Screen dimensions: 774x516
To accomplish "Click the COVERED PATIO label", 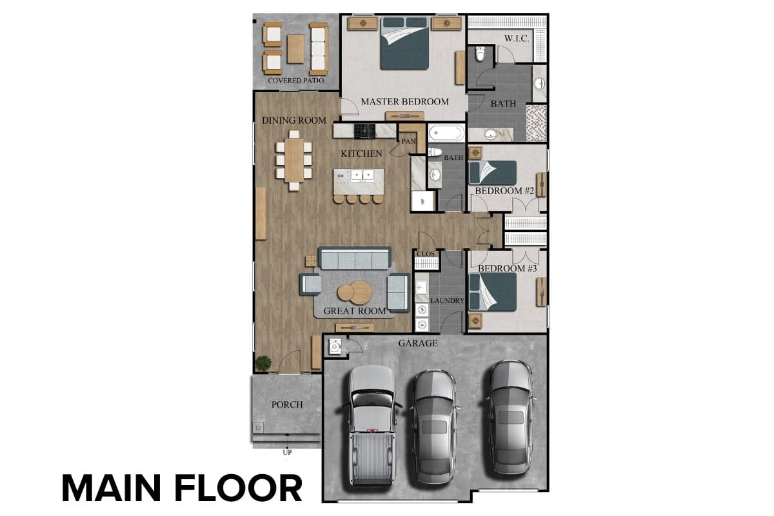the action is [x=296, y=81].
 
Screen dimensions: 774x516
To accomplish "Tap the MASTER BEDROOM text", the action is [x=404, y=102].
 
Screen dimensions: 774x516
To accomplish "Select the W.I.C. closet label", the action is [x=516, y=38].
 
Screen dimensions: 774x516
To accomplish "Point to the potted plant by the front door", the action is [x=264, y=363].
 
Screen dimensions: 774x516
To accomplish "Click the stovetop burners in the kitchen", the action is [x=364, y=132].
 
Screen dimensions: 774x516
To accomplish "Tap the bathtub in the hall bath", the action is [x=447, y=132].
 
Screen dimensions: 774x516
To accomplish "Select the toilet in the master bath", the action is [x=480, y=54].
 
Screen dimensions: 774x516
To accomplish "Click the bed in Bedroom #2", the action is [x=492, y=172].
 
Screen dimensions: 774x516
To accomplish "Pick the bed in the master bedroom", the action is [x=404, y=43].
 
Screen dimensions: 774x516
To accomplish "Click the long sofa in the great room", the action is [x=355, y=258].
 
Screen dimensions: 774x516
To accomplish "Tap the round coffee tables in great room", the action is [x=355, y=292].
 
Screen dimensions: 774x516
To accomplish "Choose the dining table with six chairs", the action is [x=294, y=160].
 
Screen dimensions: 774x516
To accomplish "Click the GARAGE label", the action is [x=418, y=343].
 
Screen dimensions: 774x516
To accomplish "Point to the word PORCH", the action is [x=287, y=404].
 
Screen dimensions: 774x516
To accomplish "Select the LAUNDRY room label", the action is [x=447, y=301].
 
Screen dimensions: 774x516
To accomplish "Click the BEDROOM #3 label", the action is [x=507, y=268].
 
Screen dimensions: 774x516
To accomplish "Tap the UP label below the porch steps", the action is [x=287, y=452].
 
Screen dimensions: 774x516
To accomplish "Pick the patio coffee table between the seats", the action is [x=296, y=49].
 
